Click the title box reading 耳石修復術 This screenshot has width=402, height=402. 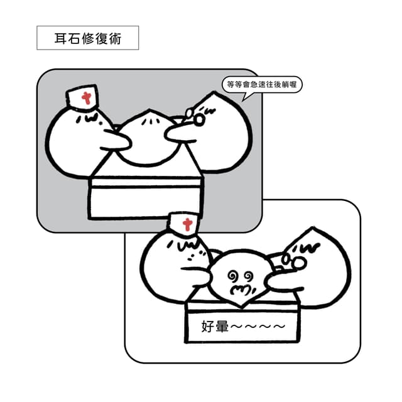(88, 38)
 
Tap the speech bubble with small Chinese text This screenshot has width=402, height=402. (261, 85)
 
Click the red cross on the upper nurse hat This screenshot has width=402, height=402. (87, 98)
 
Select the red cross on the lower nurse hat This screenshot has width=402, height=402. (187, 224)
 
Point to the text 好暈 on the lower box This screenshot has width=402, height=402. (215, 327)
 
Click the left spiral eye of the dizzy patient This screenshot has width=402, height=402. (233, 276)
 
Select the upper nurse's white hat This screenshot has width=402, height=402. (82, 97)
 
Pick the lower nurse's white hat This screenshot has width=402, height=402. (183, 224)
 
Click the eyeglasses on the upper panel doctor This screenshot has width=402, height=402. (195, 117)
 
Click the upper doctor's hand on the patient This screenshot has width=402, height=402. (180, 133)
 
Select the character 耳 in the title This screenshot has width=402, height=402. (61, 38)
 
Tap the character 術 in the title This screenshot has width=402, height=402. (114, 38)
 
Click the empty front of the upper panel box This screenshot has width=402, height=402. (145, 202)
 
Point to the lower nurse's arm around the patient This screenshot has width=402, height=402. (197, 273)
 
